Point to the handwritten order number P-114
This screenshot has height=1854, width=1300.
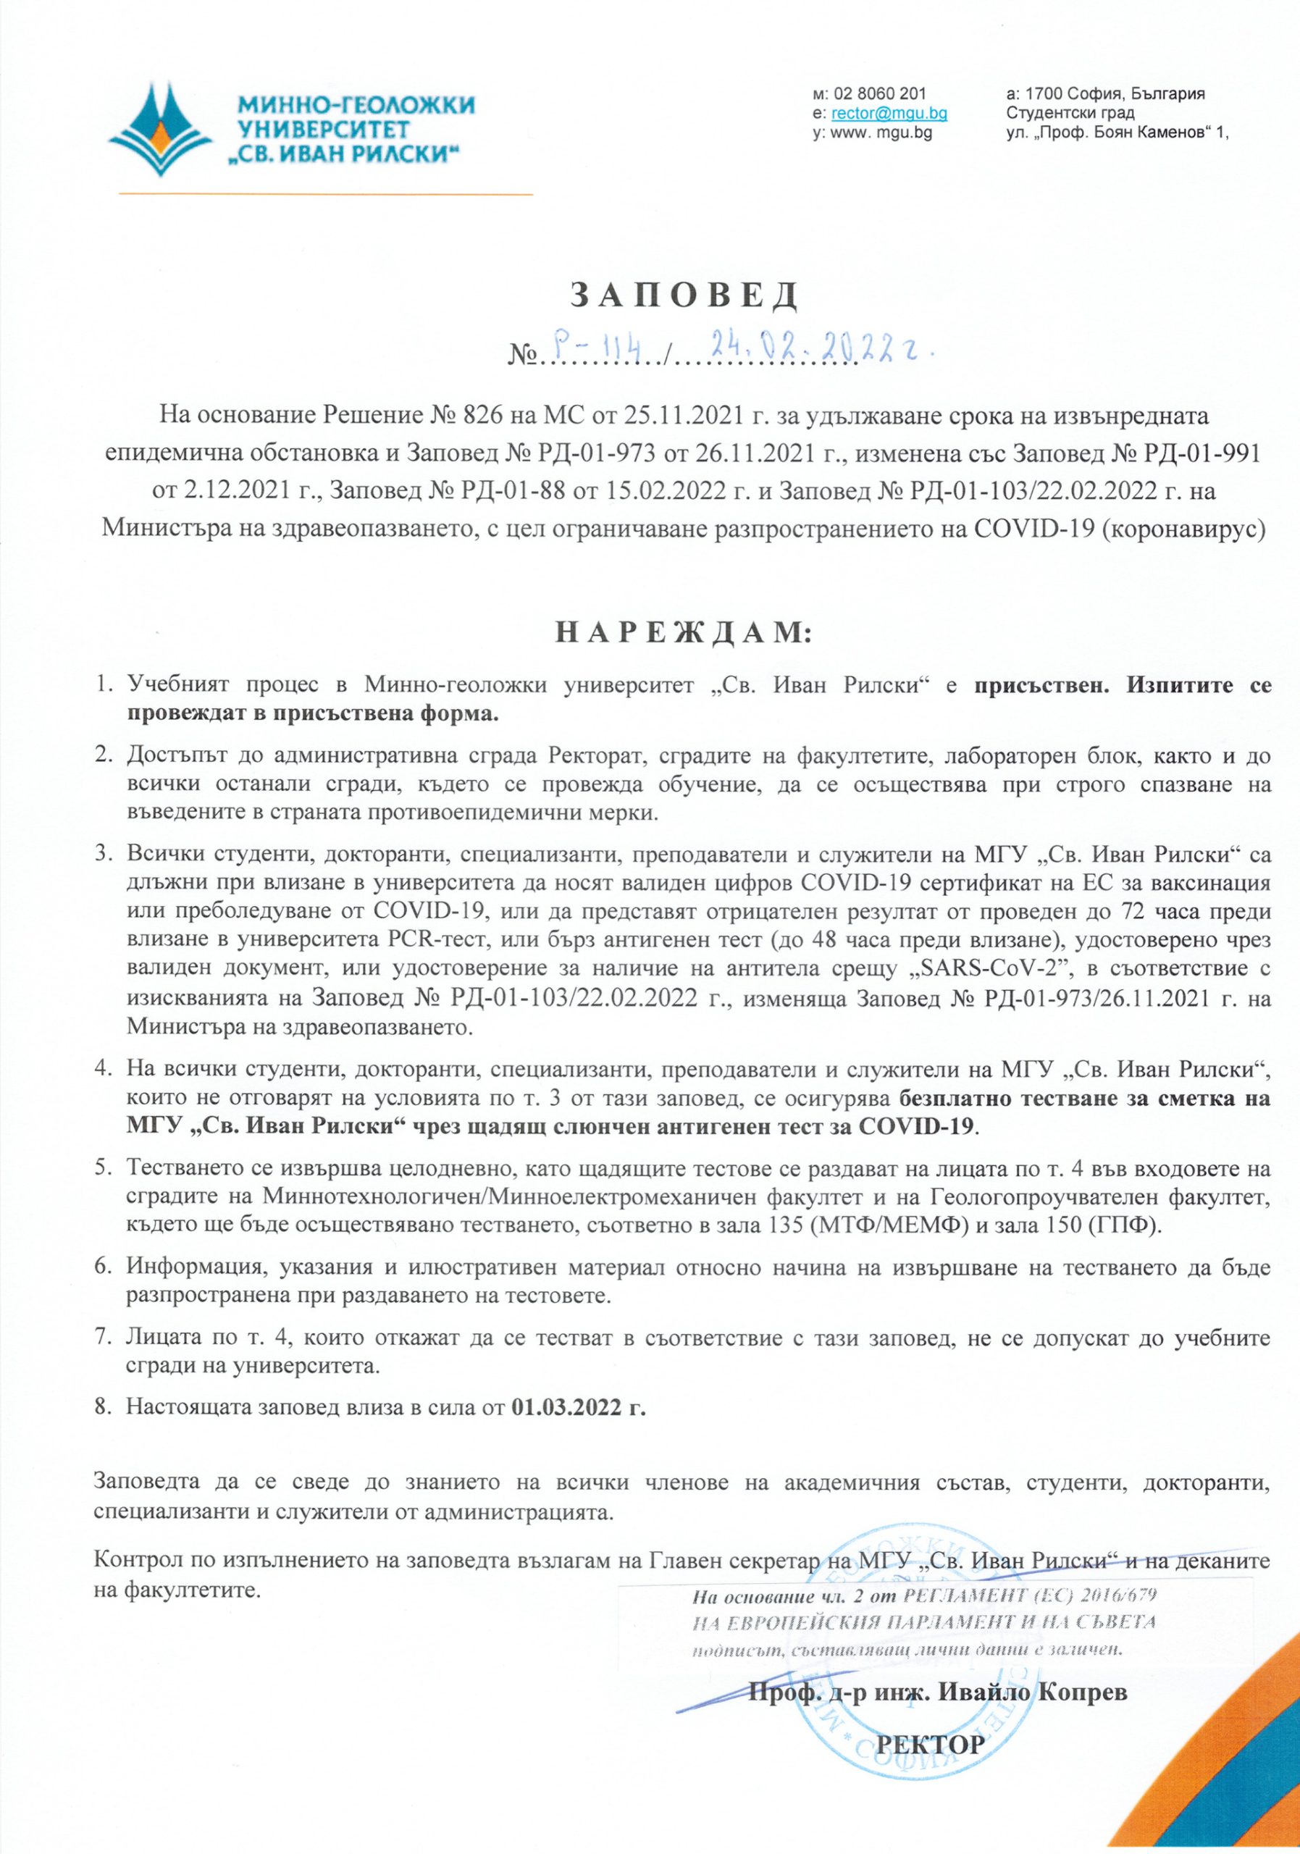596,349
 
